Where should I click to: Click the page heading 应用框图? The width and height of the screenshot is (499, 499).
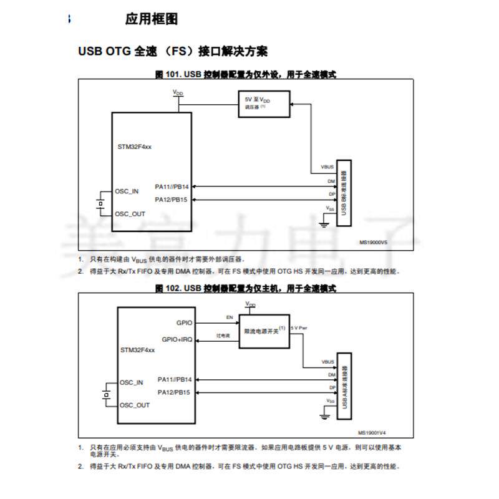(x=152, y=19)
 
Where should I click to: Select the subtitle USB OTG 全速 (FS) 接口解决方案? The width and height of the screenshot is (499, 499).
(x=173, y=51)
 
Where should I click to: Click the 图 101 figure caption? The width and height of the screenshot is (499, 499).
(x=246, y=74)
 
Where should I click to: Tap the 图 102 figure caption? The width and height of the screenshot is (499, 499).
(x=246, y=288)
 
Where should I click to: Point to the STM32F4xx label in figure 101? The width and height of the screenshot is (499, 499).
(x=135, y=146)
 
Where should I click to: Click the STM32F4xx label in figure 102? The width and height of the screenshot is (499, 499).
(x=137, y=351)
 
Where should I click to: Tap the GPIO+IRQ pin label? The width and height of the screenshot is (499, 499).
(x=177, y=340)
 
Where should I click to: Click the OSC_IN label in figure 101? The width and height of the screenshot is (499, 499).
(x=127, y=191)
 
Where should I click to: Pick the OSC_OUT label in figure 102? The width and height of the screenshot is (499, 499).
(x=135, y=405)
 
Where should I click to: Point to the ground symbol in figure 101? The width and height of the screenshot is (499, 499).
(x=324, y=223)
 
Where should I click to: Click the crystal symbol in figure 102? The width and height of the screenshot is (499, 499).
(x=107, y=394)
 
